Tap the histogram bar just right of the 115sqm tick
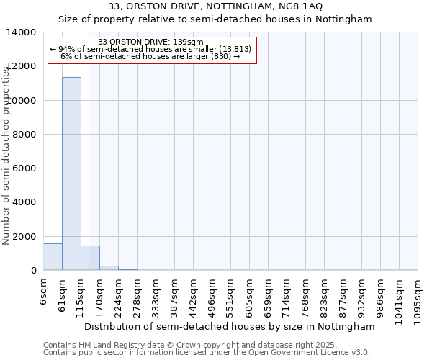(90, 258)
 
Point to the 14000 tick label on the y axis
(22, 32)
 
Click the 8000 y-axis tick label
(25, 135)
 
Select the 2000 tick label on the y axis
(25, 237)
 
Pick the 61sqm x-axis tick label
(62, 293)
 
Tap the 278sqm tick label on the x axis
(137, 295)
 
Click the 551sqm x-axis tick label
(230, 295)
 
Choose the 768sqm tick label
(305, 295)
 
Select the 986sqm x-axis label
(380, 295)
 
